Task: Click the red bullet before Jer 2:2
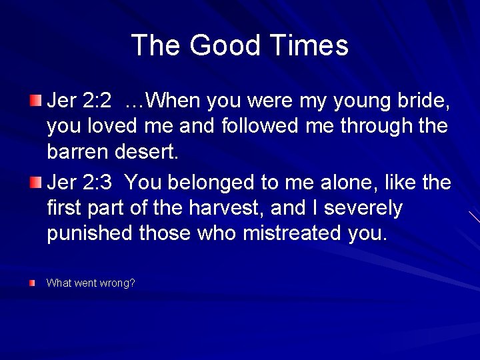[35, 101]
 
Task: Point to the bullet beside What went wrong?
[33, 283]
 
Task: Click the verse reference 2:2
[97, 101]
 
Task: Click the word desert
[150, 153]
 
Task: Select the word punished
[89, 234]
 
